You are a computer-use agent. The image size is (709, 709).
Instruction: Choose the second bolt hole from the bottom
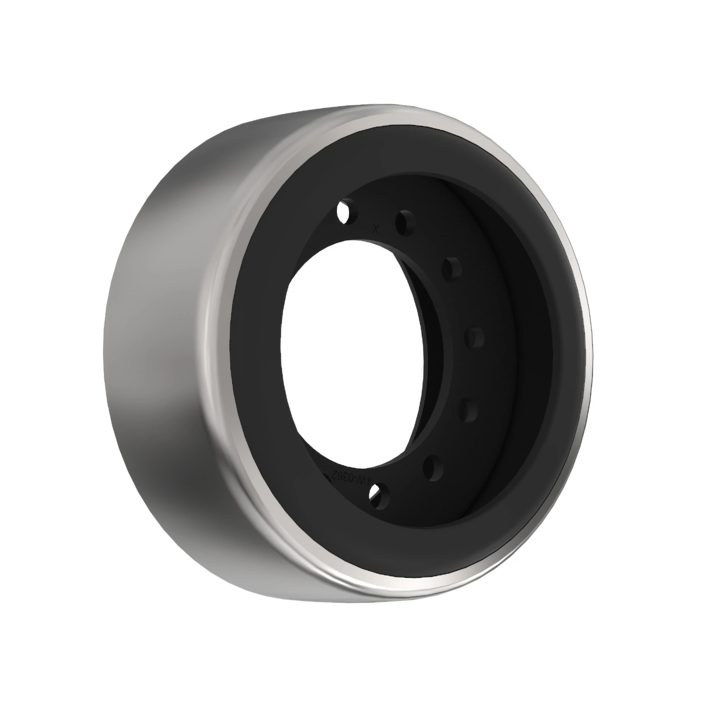(433, 468)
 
